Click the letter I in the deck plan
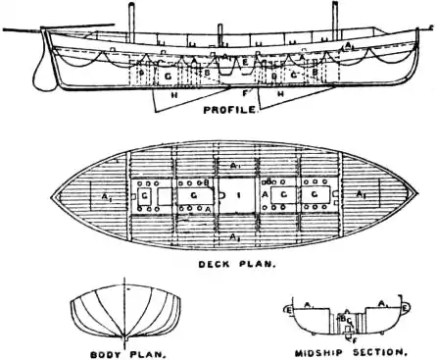[x=238, y=196]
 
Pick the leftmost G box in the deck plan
[x=145, y=196]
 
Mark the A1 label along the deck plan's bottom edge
[x=234, y=237]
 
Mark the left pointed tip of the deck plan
[x=53, y=196]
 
